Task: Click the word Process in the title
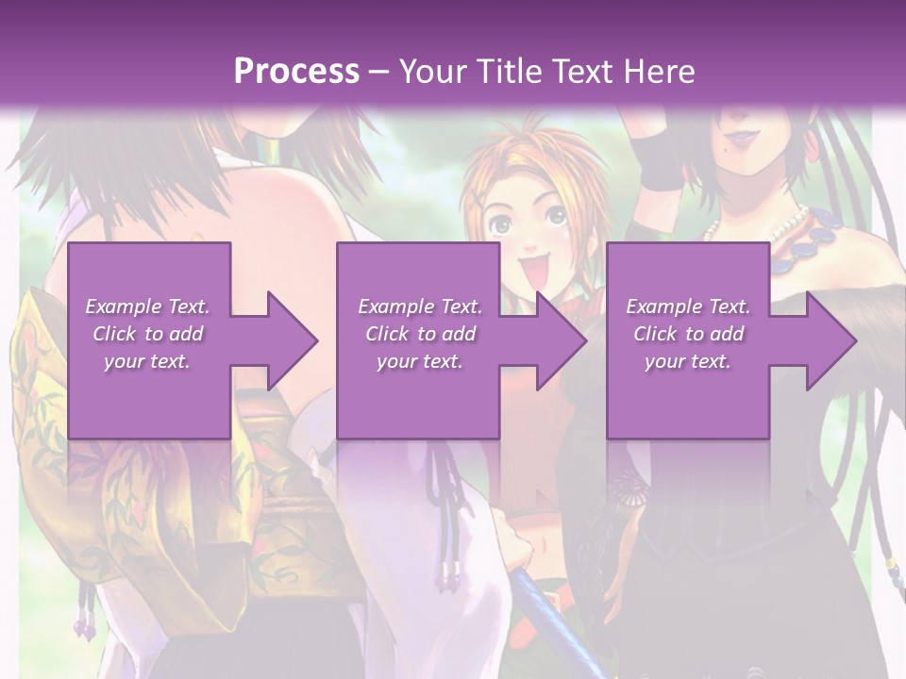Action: [x=296, y=72]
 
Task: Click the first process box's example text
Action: [x=147, y=334]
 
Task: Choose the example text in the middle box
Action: [x=420, y=334]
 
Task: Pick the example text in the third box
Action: [x=688, y=334]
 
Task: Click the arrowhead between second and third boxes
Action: [x=561, y=341]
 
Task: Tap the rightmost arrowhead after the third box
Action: [x=830, y=341]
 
